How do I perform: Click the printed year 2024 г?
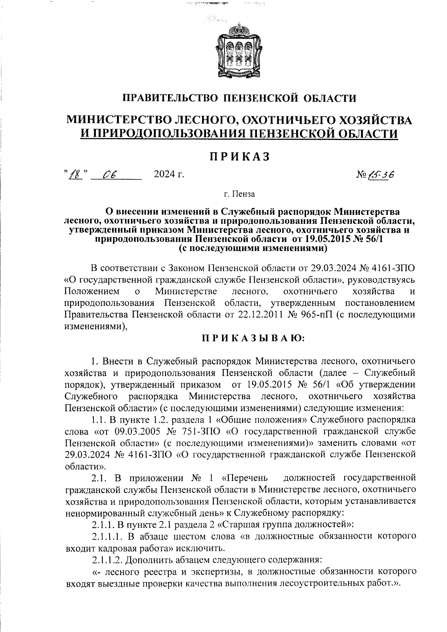coord(169,174)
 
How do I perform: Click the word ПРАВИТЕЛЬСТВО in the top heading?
coord(170,98)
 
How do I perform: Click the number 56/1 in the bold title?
coord(372,239)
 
